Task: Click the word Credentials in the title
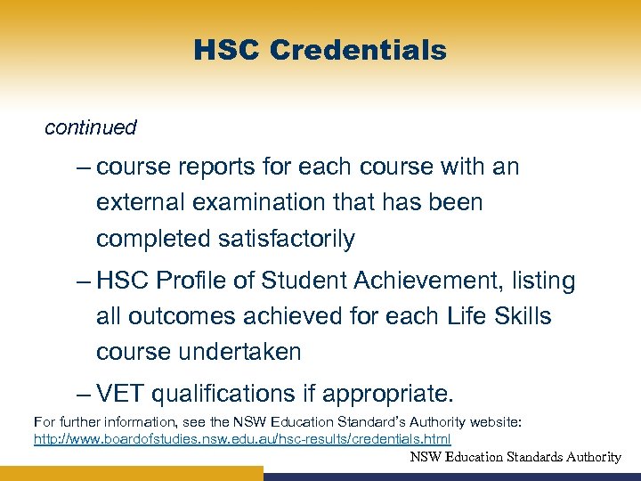tap(358, 51)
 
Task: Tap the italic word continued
tap(91, 128)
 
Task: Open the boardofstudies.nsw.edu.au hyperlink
tap(242, 439)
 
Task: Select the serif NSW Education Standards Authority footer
tap(515, 457)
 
